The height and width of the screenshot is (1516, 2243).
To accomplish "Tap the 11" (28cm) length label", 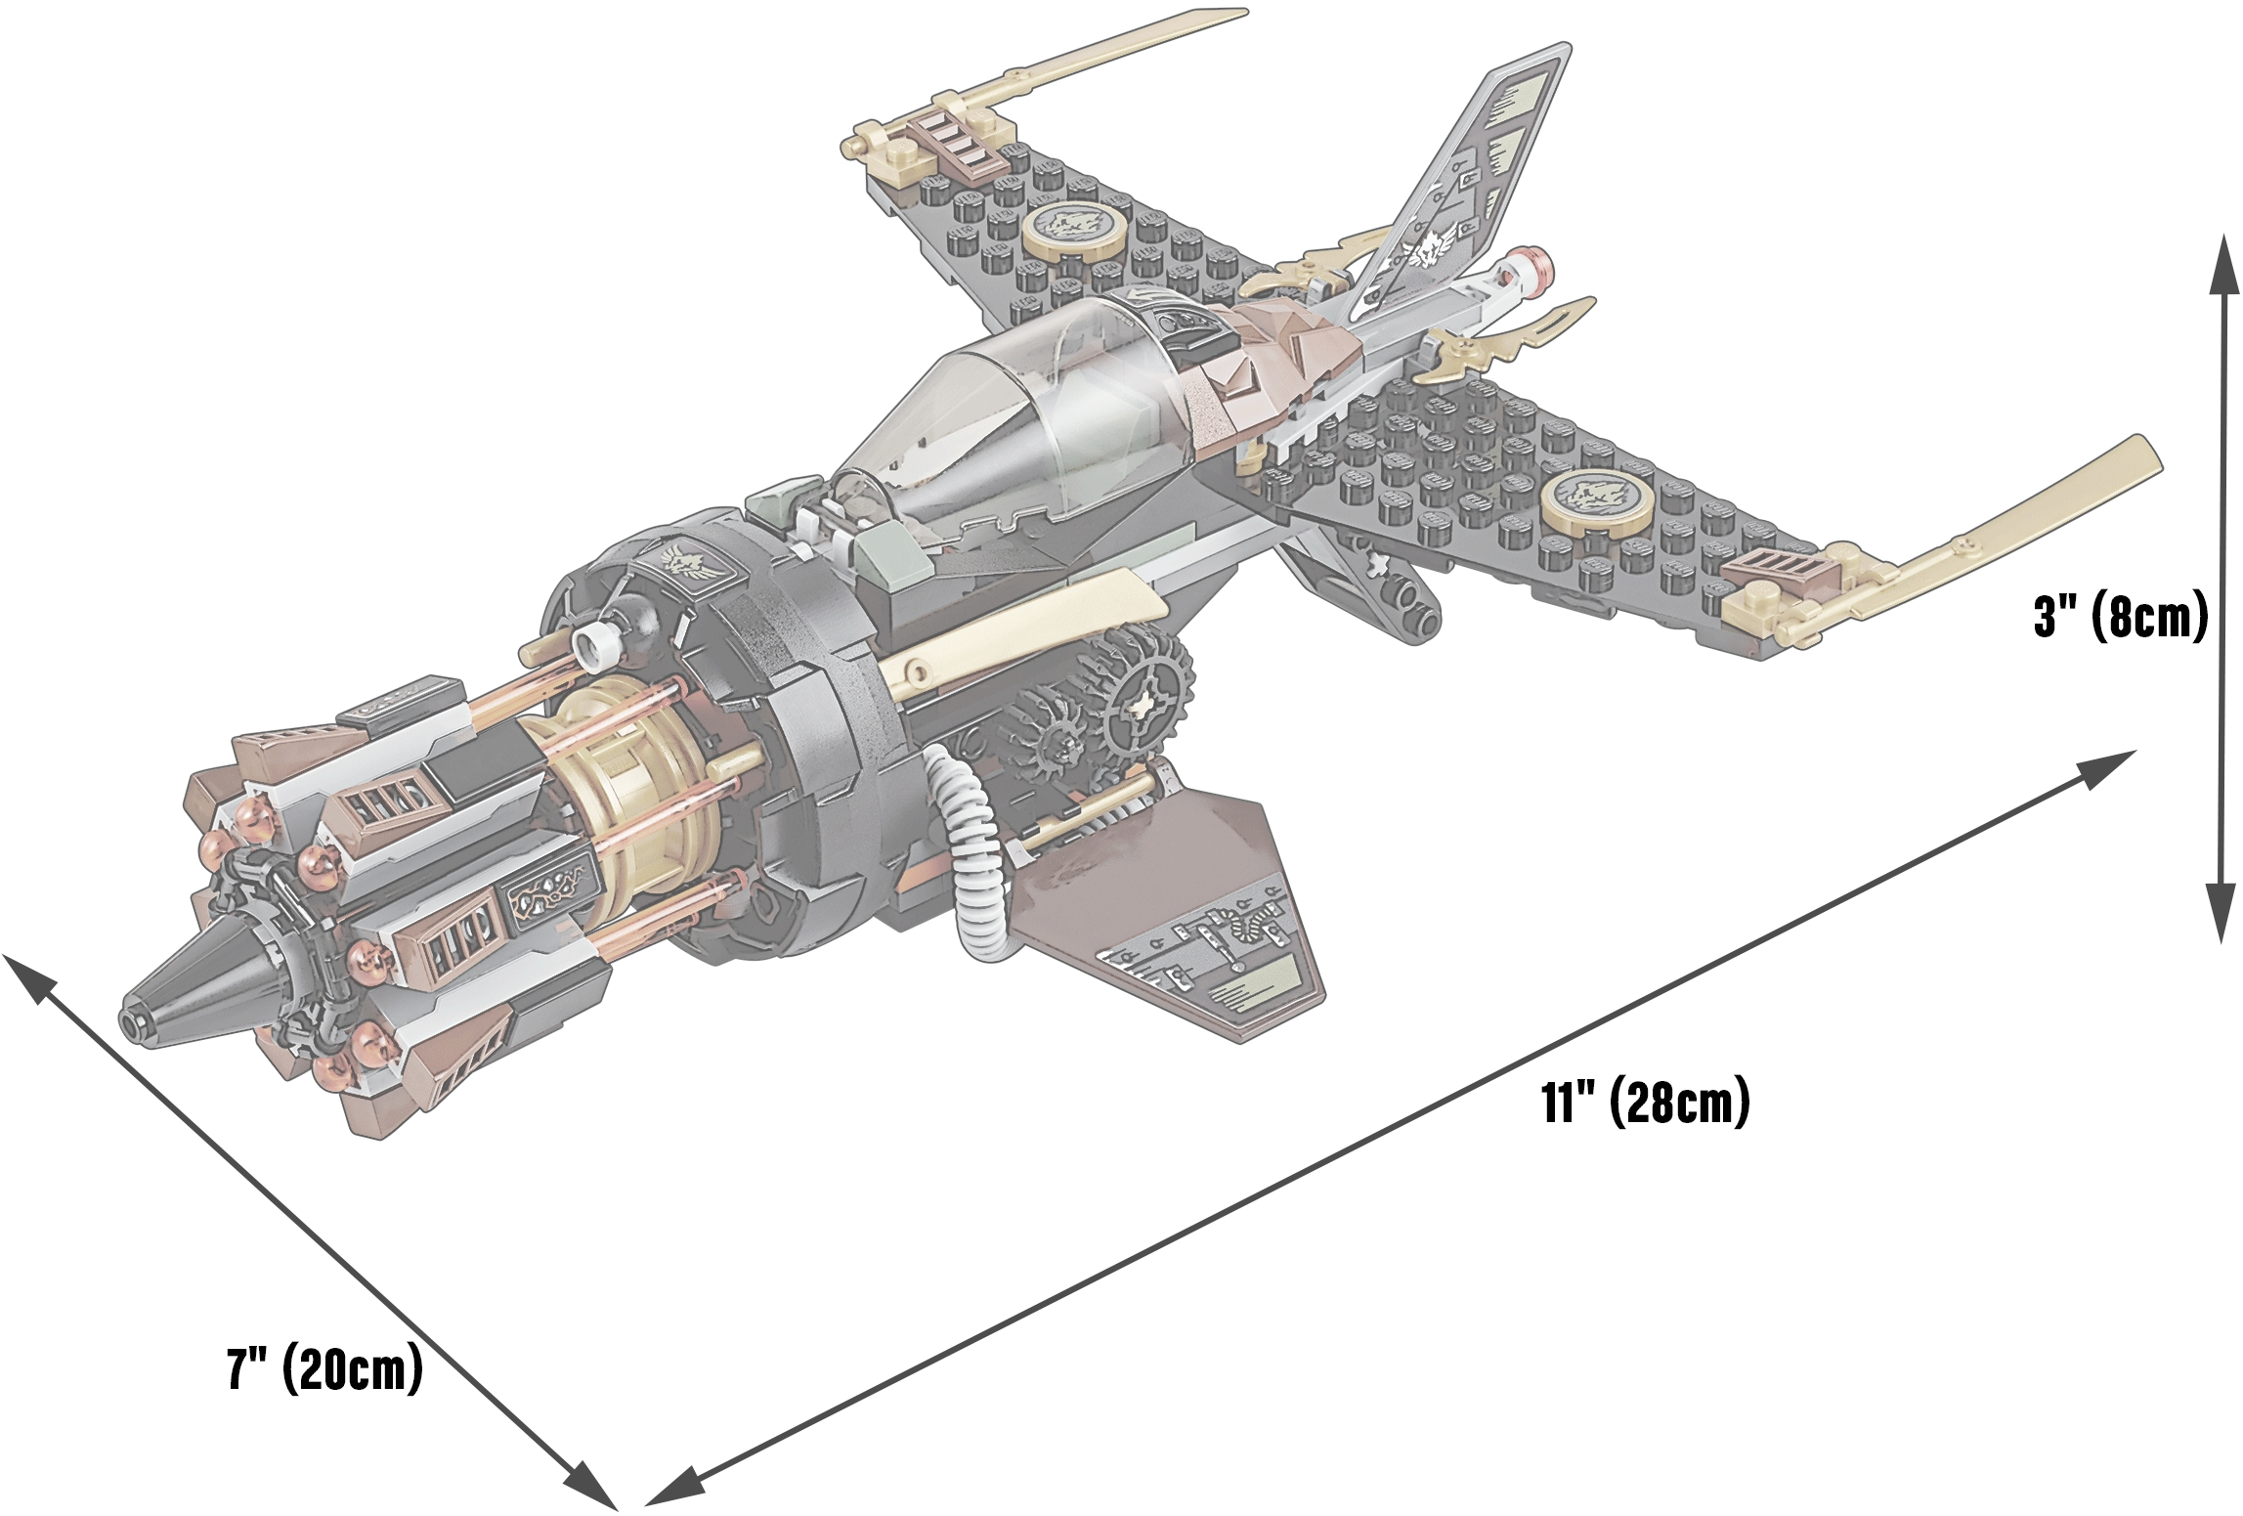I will point(1645,1102).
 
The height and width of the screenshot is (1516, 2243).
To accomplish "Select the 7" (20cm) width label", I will point(324,1367).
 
